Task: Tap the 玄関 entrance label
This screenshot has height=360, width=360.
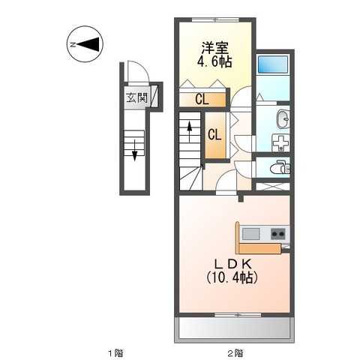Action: coord(136,97)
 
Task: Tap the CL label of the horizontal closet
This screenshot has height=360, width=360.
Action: coord(202,98)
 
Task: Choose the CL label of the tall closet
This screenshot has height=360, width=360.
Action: coord(214,135)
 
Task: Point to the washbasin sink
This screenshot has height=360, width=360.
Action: coord(283,118)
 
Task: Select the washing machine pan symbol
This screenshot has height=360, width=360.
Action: coord(277,142)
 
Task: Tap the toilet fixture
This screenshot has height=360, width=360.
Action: coord(280,167)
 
